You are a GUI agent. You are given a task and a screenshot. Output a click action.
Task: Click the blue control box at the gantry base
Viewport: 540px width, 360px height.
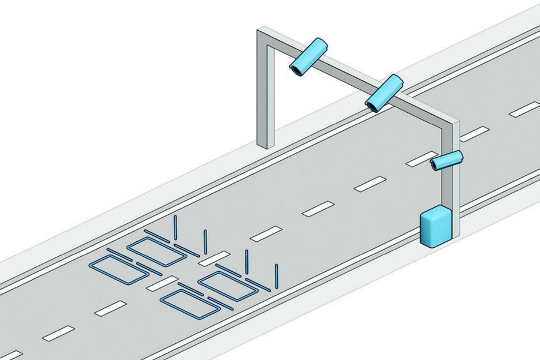436,227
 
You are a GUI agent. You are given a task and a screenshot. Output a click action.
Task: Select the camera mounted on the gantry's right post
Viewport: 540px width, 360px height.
448,160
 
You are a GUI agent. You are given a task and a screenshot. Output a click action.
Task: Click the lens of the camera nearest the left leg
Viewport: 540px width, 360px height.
297,71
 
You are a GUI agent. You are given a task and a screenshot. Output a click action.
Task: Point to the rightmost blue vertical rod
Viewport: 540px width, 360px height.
277,275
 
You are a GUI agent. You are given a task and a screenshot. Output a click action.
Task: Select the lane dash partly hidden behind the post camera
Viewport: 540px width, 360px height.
418,159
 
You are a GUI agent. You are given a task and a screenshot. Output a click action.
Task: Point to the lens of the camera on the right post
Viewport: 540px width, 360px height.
435,165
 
